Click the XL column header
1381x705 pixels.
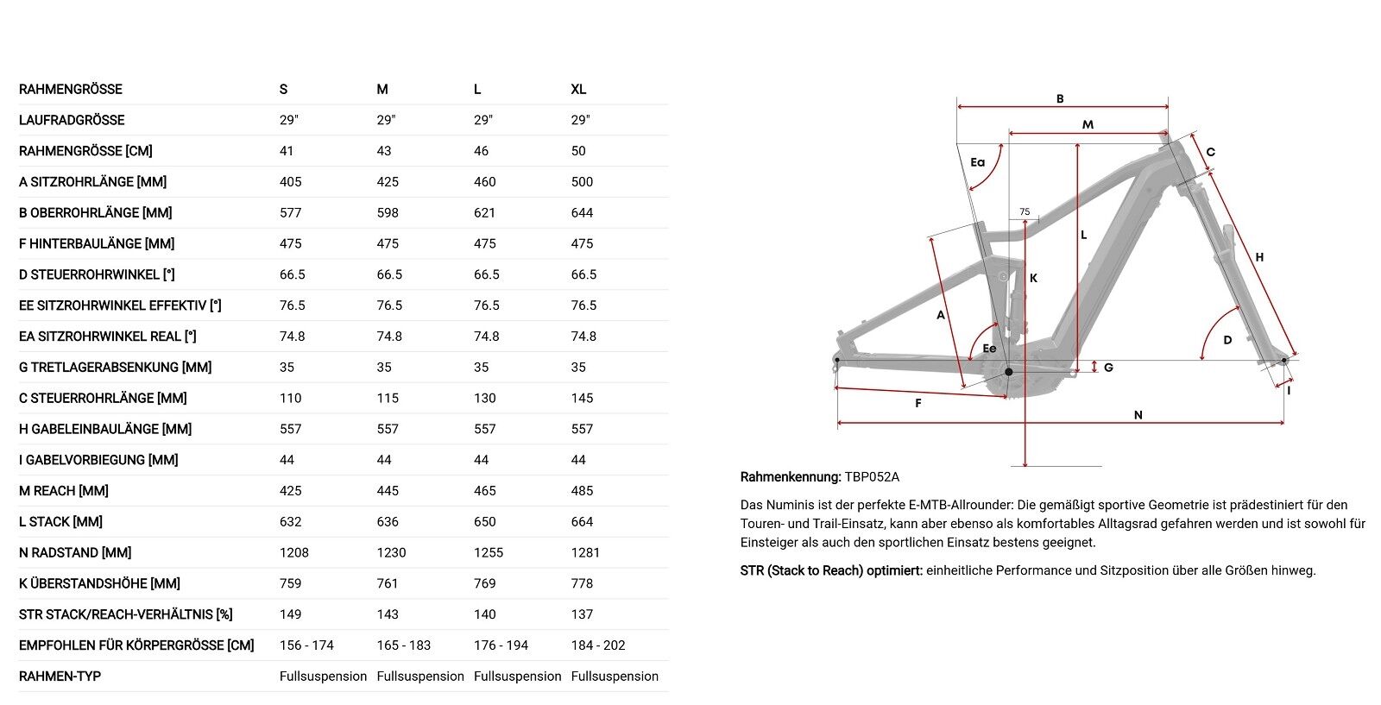(x=578, y=89)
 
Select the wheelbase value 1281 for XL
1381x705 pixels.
(x=585, y=552)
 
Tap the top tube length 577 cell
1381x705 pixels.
(x=291, y=212)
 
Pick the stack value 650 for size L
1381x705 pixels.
(x=485, y=521)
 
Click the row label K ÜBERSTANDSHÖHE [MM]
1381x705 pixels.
(x=99, y=583)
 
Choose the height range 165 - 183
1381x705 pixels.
(x=404, y=645)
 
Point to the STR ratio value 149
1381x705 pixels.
(x=291, y=614)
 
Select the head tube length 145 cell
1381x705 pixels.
(x=582, y=398)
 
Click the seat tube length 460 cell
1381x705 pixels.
(x=485, y=181)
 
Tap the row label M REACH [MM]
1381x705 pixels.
(x=64, y=490)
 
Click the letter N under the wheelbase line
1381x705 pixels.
(x=1138, y=415)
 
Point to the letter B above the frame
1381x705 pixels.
(x=1060, y=98)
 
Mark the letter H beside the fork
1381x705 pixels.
(x=1259, y=256)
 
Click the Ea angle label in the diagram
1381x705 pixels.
(x=977, y=161)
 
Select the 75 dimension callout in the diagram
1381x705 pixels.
(x=1025, y=211)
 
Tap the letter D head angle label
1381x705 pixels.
(x=1227, y=340)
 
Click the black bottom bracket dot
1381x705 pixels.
(x=1008, y=371)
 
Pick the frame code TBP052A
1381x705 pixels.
(x=872, y=476)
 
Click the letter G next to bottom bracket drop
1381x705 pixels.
(x=1108, y=368)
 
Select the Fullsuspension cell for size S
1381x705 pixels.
(x=323, y=677)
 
